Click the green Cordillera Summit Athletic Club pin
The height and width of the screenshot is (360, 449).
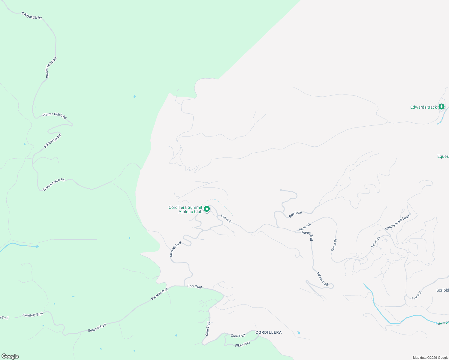coord(207,209)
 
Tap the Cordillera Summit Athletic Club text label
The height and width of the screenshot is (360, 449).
coord(185,209)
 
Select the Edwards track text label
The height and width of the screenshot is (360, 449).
coord(423,107)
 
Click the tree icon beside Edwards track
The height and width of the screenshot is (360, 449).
coord(441,106)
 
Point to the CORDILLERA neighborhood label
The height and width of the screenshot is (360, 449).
coord(269,332)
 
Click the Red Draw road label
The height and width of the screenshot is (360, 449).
coord(295,214)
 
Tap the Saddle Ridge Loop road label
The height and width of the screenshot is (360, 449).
coord(397,222)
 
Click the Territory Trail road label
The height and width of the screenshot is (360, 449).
coord(33,315)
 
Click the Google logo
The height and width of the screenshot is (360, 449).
coord(10,356)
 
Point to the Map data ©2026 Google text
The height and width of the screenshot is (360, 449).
coord(430,358)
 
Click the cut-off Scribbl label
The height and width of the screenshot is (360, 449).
coord(442,290)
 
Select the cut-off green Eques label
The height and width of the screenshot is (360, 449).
coord(443,156)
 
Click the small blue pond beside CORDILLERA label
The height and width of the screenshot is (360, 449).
coord(298,333)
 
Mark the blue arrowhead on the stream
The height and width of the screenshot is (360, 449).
coord(38,247)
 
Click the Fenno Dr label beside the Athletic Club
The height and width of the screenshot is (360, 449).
coord(226,219)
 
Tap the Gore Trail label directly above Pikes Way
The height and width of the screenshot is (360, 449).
coord(238,336)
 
